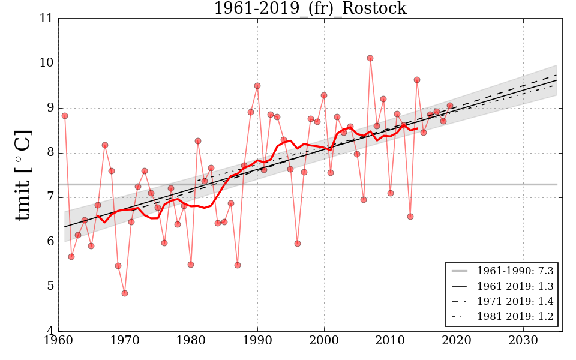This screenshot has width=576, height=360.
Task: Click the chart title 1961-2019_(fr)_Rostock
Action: click(x=310, y=8)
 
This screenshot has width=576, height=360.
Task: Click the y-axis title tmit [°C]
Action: click(x=23, y=175)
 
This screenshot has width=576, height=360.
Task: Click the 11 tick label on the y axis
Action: click(x=47, y=19)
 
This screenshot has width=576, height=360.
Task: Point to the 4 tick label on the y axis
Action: click(x=50, y=331)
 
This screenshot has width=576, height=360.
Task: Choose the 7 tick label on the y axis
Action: click(x=50, y=197)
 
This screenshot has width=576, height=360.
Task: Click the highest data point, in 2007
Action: click(x=370, y=58)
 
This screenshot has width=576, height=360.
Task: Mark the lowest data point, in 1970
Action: click(x=125, y=293)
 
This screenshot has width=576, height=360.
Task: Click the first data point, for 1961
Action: click(x=65, y=116)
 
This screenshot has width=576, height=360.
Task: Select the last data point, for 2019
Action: click(x=450, y=106)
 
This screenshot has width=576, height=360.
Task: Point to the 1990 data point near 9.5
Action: click(x=257, y=86)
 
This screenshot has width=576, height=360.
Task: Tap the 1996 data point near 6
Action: click(x=298, y=244)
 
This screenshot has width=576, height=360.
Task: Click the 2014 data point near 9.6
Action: click(x=417, y=80)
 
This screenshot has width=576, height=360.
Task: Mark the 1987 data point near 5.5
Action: click(x=238, y=265)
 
